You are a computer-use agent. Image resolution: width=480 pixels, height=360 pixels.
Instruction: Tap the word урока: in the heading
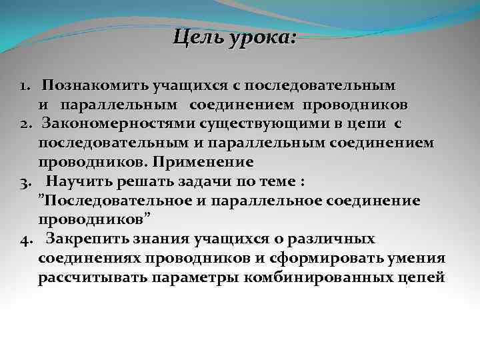tap(261, 37)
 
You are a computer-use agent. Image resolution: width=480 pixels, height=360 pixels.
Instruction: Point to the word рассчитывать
tap(93, 277)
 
